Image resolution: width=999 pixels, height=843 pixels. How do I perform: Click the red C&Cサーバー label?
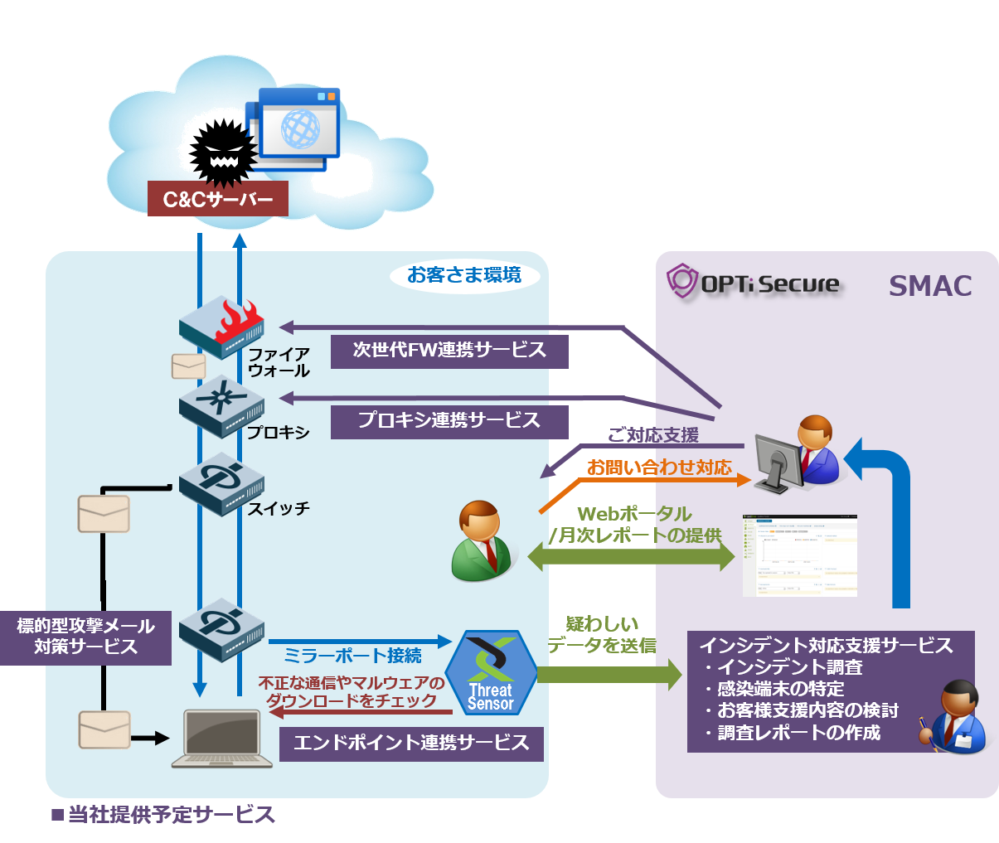[x=217, y=200]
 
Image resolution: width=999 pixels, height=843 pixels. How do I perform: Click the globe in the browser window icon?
[x=300, y=128]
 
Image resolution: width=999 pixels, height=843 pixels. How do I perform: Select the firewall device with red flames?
[x=221, y=327]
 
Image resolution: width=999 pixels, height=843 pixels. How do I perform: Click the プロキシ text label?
[x=279, y=433]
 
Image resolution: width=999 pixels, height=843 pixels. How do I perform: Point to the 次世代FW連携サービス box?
[x=449, y=351]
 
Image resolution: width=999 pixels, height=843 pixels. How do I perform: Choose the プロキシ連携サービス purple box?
[x=449, y=421]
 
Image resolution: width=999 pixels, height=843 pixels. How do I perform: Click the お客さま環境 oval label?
[x=464, y=275]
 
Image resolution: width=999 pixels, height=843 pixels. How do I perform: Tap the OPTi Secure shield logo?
[x=682, y=282]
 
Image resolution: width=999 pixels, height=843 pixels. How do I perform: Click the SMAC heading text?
[x=930, y=286]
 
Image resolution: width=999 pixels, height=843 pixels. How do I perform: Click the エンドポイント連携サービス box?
[x=411, y=743]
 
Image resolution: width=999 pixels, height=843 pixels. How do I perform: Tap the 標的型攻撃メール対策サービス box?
[x=85, y=637]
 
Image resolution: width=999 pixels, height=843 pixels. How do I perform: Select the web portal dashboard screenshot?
[x=799, y=555]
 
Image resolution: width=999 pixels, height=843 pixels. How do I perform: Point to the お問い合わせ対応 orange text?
[x=660, y=468]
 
